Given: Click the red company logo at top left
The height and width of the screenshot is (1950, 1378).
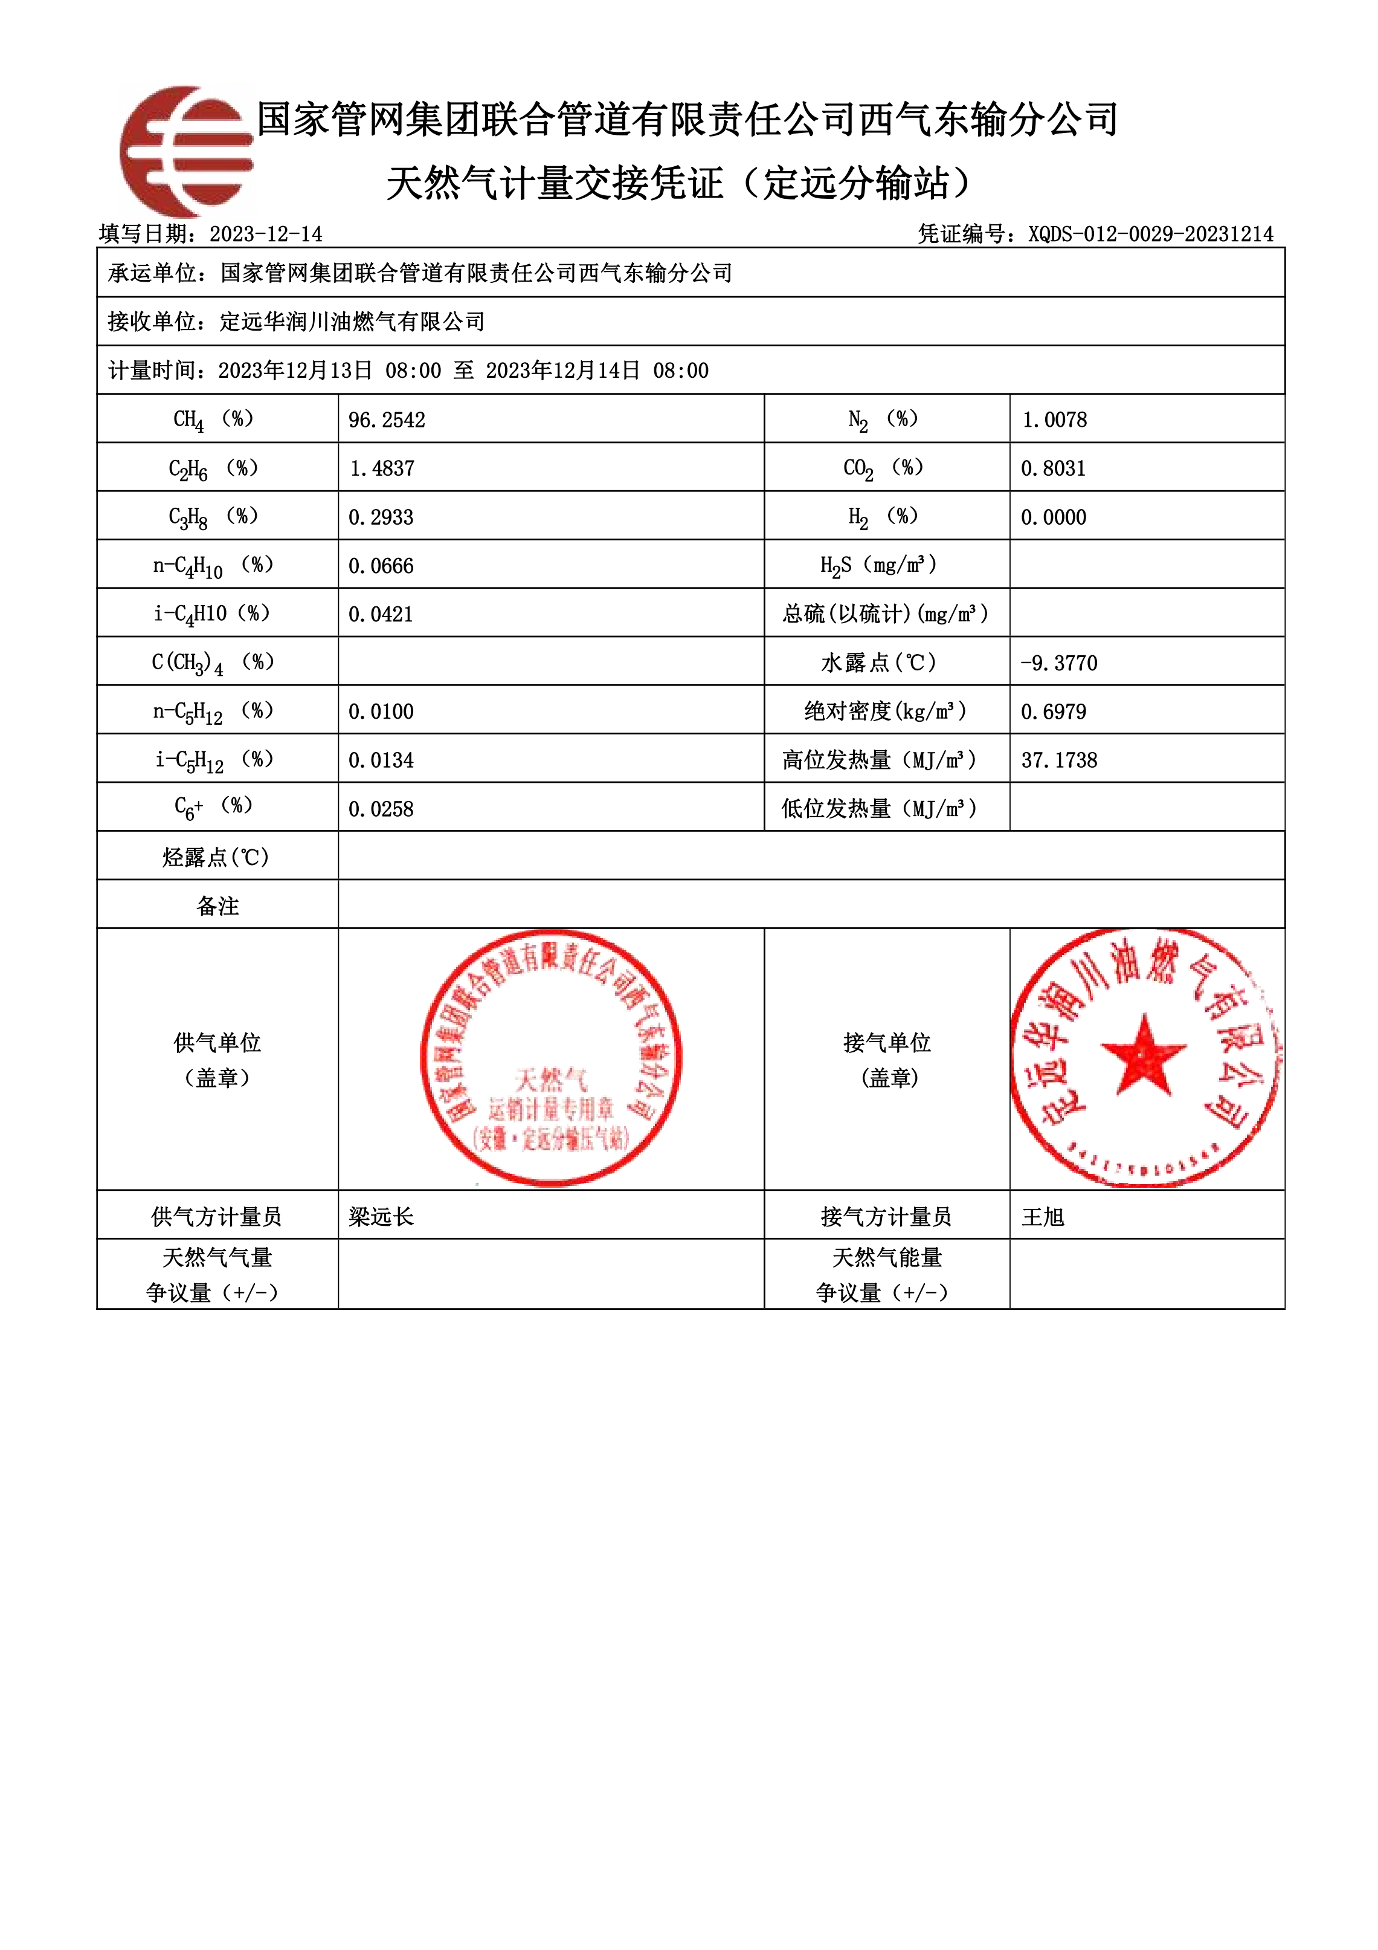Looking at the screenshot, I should coord(187,151).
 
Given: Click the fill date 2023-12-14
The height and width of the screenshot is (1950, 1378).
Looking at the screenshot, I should coord(266,235).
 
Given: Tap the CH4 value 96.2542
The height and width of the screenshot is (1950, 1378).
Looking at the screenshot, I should coord(386,419).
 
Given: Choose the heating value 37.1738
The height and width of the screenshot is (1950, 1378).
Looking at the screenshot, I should coord(1059,760).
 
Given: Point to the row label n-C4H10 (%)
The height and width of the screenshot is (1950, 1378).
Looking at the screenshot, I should coord(213,566).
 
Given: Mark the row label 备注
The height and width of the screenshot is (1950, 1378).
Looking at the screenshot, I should coord(217,906).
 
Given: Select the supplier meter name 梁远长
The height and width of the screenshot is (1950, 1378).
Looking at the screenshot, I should coord(381,1217).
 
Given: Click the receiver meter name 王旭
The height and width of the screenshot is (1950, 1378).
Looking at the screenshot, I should coord(1043,1217).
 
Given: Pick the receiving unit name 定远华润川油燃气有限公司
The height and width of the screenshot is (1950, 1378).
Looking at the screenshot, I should coord(352,322).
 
